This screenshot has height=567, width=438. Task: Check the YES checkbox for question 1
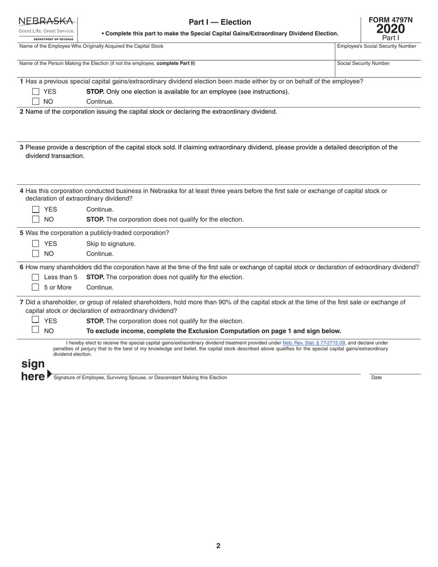(36, 92)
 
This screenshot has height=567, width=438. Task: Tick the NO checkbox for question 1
(36, 101)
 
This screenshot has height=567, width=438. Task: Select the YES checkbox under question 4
(36, 209)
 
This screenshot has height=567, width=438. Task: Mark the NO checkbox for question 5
(36, 254)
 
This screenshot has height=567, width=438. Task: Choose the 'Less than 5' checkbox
(36, 277)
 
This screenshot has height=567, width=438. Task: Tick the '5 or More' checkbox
(36, 287)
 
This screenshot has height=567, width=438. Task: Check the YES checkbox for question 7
(36, 319)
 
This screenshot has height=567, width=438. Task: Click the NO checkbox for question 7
(36, 330)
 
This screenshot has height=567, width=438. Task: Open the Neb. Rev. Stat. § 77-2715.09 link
(314, 343)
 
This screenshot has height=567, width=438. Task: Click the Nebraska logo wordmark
(46, 21)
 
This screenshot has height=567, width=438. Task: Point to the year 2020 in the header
(391, 29)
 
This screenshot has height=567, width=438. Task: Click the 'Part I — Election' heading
(220, 22)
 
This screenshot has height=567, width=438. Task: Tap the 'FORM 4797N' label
(391, 20)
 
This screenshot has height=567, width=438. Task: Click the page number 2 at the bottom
(219, 546)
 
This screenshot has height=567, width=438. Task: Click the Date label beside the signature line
(376, 378)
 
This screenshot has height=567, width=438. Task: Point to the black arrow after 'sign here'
(49, 375)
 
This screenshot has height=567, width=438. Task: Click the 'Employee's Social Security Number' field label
(377, 46)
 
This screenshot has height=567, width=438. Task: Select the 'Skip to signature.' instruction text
(111, 244)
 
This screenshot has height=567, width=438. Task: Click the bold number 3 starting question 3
(22, 148)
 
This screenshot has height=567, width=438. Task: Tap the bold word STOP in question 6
(95, 277)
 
